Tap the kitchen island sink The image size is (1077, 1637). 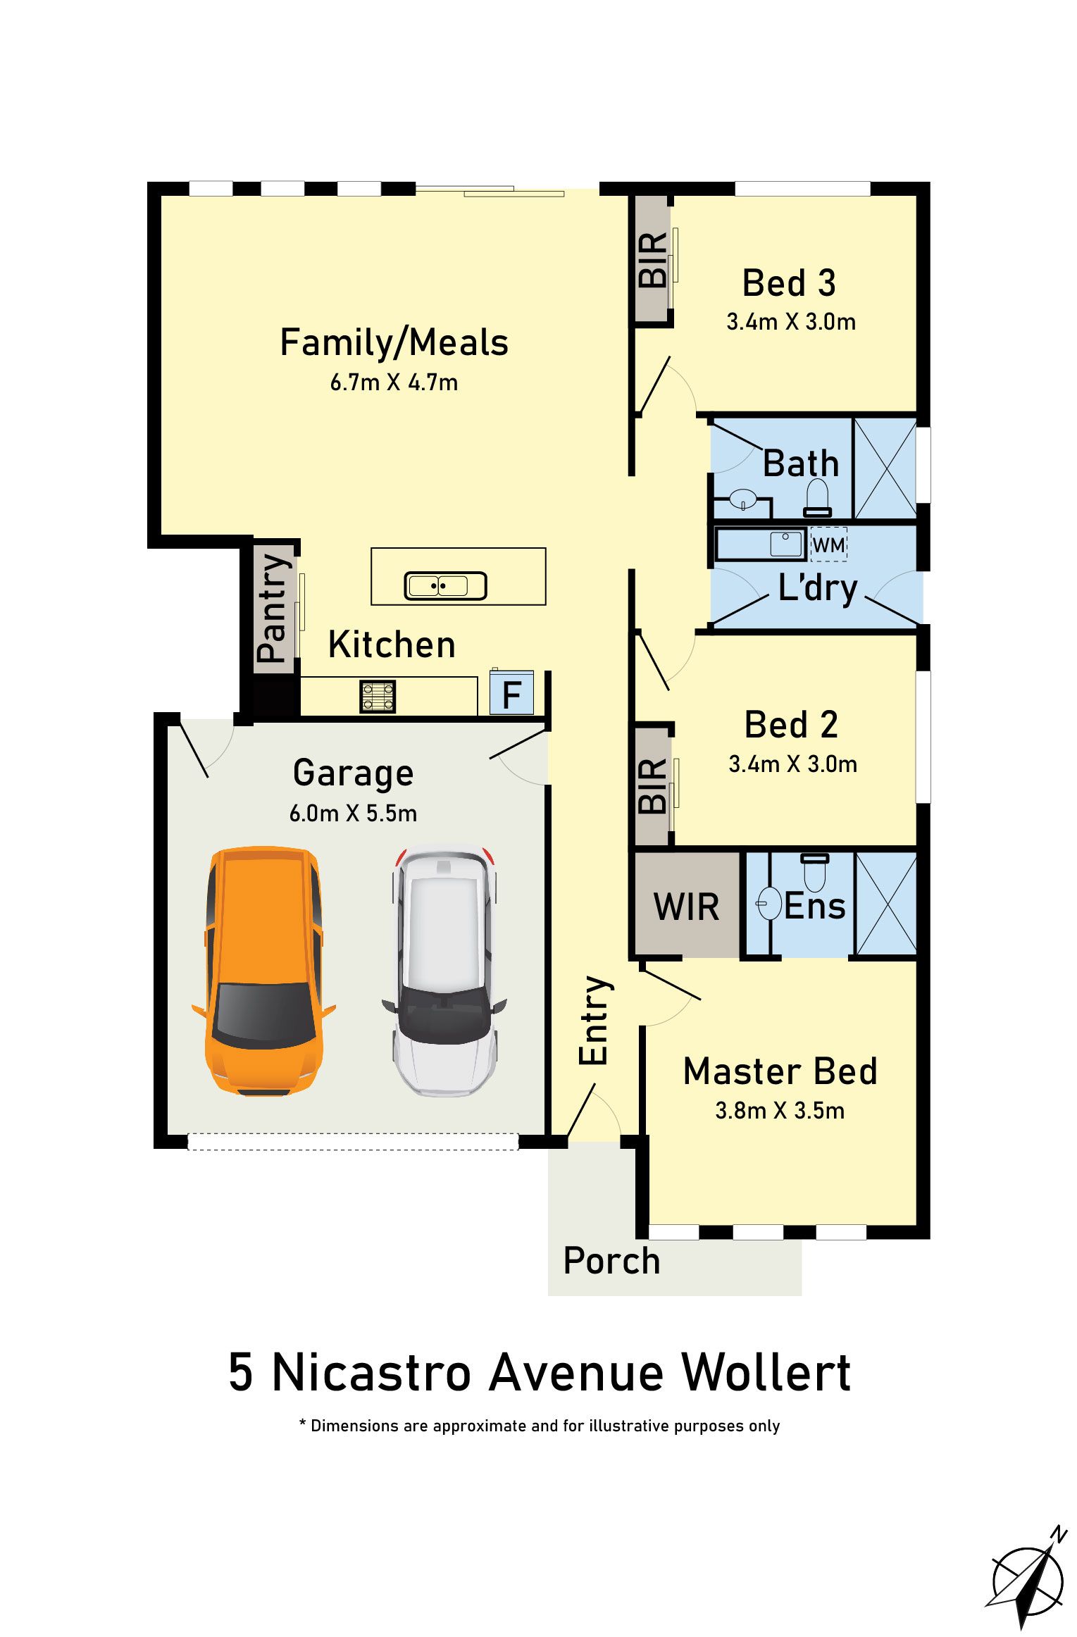tap(445, 585)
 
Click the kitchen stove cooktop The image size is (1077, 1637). tap(378, 696)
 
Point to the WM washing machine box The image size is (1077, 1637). tap(828, 544)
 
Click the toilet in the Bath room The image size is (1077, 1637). tap(817, 498)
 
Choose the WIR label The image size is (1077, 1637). tap(686, 907)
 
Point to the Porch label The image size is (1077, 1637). tap(611, 1261)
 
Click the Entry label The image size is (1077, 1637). tap(593, 1021)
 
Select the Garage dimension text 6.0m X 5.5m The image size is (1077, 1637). tap(353, 814)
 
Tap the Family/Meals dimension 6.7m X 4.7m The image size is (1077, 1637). tap(394, 382)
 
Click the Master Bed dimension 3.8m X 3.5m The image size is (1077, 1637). tap(780, 1111)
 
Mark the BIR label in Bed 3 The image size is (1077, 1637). tap(652, 260)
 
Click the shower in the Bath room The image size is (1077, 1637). tap(885, 468)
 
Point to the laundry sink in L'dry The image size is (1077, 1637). tap(786, 543)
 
